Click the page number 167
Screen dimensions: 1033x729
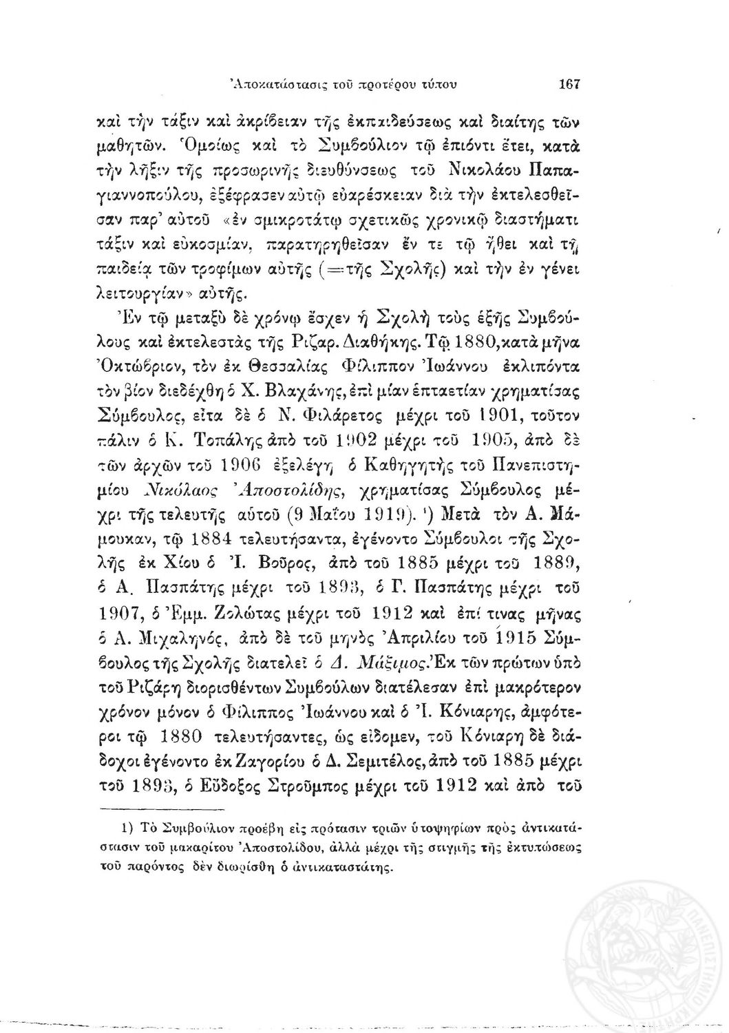571,85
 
